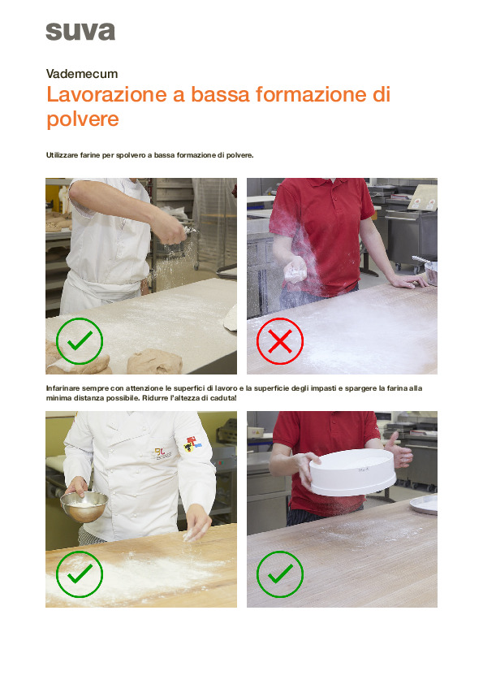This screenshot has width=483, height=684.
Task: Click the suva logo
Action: (80, 32)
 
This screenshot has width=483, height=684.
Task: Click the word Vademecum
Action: (82, 74)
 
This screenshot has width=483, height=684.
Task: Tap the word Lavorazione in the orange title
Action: (107, 94)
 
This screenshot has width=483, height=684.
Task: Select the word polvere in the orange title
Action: (83, 119)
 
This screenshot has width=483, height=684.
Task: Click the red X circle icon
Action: (280, 340)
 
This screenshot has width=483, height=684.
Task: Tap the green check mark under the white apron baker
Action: (80, 340)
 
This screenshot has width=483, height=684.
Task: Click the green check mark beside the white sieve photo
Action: (280, 574)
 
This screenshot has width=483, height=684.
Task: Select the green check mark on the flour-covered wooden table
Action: (80, 574)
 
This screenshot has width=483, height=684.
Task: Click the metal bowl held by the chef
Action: (84, 505)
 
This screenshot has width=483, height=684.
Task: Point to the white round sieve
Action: (353, 472)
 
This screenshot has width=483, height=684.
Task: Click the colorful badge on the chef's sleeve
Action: (192, 444)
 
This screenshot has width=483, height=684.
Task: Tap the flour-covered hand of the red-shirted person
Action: (295, 270)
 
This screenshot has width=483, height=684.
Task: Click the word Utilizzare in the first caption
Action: (62, 155)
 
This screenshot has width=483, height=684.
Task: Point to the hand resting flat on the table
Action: (409, 280)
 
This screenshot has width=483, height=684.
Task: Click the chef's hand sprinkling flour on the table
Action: (198, 522)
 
